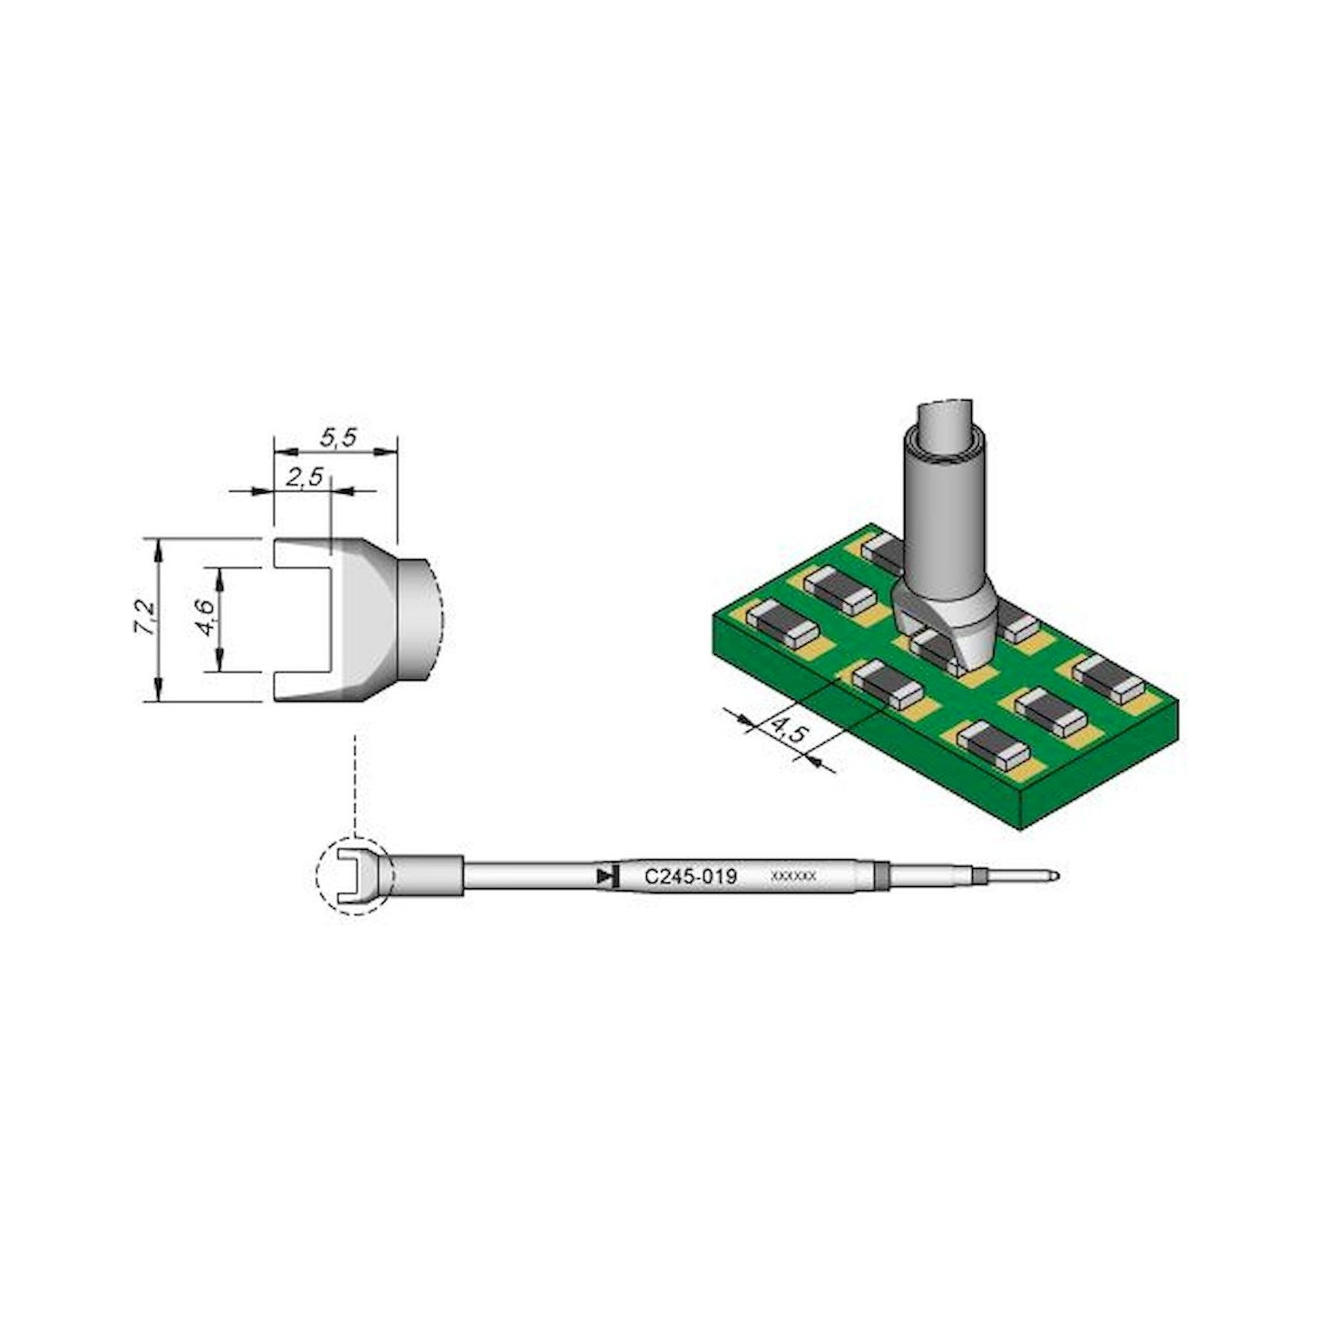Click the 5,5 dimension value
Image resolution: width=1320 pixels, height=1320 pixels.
point(338,438)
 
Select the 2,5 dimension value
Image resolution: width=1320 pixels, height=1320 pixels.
point(304,478)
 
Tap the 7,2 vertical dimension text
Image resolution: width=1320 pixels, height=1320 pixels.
point(145,619)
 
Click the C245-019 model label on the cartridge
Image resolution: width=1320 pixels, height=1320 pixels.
point(691,876)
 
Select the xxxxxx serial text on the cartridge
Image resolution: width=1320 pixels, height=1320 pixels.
point(793,876)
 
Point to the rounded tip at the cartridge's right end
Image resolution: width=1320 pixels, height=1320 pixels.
point(1055,875)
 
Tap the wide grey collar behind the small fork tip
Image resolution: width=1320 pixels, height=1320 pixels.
point(428,876)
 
